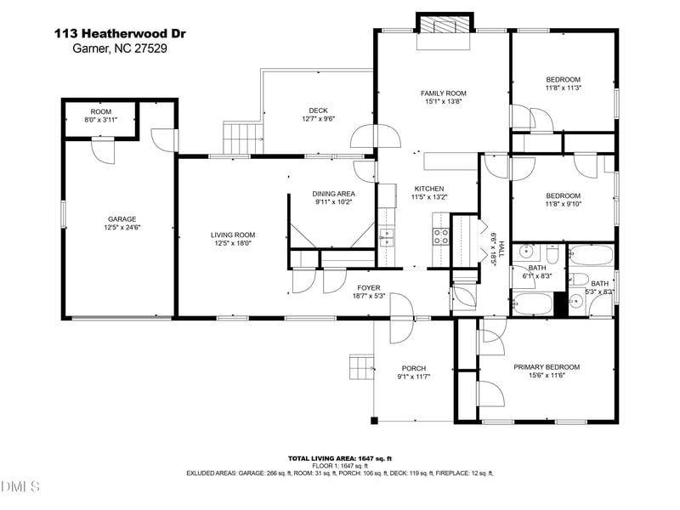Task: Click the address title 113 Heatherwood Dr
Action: (x=120, y=33)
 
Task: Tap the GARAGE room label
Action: (x=122, y=219)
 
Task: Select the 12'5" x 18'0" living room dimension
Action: (x=233, y=243)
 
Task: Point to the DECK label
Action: (x=318, y=110)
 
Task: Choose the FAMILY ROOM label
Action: (x=443, y=93)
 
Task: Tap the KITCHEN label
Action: (x=429, y=189)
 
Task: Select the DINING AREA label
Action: (x=333, y=194)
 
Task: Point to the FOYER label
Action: (x=369, y=287)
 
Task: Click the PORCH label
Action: (x=414, y=368)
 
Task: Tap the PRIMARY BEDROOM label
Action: (x=547, y=367)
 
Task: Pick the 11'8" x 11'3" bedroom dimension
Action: (x=563, y=88)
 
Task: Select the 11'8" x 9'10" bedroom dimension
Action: (x=563, y=204)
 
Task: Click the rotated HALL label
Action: (x=501, y=249)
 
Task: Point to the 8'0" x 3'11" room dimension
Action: (x=101, y=120)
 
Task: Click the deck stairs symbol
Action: (x=243, y=139)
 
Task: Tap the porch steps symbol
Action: (x=362, y=367)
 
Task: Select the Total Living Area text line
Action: (x=340, y=458)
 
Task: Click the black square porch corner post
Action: (x=374, y=420)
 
